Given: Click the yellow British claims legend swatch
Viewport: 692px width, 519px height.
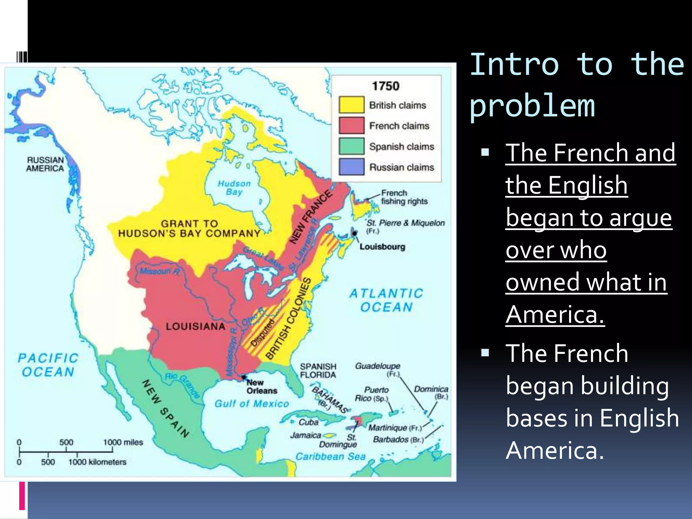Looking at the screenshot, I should point(351,105).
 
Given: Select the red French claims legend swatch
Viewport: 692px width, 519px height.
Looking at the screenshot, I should point(351,125).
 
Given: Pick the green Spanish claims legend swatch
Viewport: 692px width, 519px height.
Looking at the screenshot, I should point(351,146).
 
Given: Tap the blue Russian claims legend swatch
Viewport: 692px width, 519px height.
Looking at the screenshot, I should point(351,167).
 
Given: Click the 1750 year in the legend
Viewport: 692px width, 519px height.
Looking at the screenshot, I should point(386,86).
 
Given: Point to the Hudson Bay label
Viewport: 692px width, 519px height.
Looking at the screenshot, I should point(234,188).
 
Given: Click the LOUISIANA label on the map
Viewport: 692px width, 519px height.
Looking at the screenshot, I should point(195,326).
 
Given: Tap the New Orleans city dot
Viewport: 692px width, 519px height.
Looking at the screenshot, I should point(244,377).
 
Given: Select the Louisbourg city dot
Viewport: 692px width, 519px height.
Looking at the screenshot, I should point(354,233).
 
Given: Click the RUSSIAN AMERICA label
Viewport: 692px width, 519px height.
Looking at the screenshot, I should point(45,164).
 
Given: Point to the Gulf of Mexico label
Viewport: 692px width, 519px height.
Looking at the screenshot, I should point(252,404).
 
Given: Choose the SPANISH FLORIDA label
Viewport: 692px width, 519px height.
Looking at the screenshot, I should point(318,371).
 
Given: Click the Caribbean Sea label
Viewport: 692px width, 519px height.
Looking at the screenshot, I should point(330,456).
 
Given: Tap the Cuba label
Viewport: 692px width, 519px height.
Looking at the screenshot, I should point(308,422).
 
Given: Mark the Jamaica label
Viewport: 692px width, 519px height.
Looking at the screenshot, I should point(305,435).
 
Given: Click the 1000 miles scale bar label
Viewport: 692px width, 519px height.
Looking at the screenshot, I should point(123,442).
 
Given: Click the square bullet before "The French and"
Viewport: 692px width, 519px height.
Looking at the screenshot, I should point(485,152).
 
